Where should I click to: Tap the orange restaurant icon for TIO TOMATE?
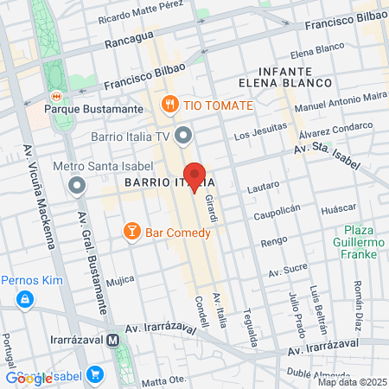pos(169,105)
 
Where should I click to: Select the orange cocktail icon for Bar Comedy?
pos(131,231)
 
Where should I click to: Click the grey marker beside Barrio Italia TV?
pos(182,136)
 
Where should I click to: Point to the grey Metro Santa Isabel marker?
pos(79,185)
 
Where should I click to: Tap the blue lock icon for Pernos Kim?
pos(26,299)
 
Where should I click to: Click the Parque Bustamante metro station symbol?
pos(56,96)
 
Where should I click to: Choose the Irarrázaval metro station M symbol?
pos(113,341)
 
